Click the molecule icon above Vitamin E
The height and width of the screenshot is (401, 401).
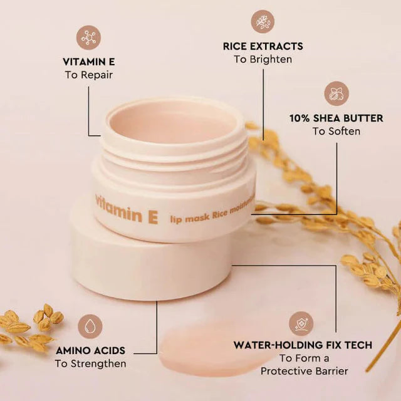pyautogui.click(x=88, y=38)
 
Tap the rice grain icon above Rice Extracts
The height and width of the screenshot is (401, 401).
pyautogui.click(x=263, y=22)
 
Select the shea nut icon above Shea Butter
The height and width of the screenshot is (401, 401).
pyautogui.click(x=336, y=93)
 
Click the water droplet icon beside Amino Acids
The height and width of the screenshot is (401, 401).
pyautogui.click(x=90, y=327)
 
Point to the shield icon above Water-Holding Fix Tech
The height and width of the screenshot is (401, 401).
pyautogui.click(x=301, y=324)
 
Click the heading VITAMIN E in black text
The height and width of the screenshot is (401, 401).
pyautogui.click(x=89, y=62)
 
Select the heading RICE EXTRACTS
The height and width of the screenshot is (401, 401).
pyautogui.click(x=263, y=46)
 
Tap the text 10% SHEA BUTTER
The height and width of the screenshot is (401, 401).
pyautogui.click(x=336, y=118)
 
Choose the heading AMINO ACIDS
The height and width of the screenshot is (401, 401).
pyautogui.click(x=90, y=351)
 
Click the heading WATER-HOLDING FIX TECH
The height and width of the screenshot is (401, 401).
pyautogui.click(x=303, y=345)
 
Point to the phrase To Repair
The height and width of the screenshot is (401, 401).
pyautogui.click(x=89, y=75)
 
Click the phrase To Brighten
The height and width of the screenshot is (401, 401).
pyautogui.click(x=263, y=60)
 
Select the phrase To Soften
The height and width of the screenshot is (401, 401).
pyautogui.click(x=336, y=131)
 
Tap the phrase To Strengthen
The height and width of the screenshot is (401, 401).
pyautogui.click(x=90, y=363)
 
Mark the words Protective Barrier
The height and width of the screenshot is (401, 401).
pyautogui.click(x=305, y=371)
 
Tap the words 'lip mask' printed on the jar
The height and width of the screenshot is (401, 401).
pyautogui.click(x=190, y=218)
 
